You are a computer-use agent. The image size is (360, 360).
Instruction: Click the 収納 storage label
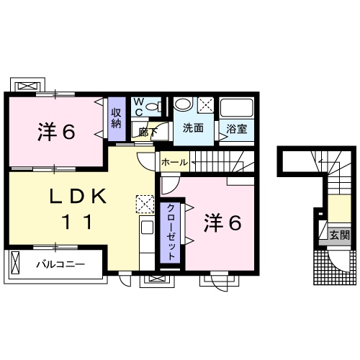(x=116, y=117)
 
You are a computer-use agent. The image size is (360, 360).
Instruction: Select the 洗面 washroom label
(x=192, y=129)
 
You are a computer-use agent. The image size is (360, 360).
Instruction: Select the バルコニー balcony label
(x=60, y=264)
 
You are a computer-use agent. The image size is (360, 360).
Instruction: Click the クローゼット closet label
(x=171, y=232)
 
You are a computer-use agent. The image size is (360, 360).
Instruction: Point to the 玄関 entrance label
(x=340, y=234)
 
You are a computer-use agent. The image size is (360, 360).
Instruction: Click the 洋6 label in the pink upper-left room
(x=56, y=132)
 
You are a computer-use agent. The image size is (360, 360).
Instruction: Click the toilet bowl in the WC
(x=152, y=107)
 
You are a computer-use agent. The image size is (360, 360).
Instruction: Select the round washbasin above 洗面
(x=184, y=104)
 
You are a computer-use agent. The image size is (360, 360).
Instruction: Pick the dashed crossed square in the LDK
(x=144, y=204)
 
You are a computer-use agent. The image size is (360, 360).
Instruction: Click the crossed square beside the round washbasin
(x=205, y=104)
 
